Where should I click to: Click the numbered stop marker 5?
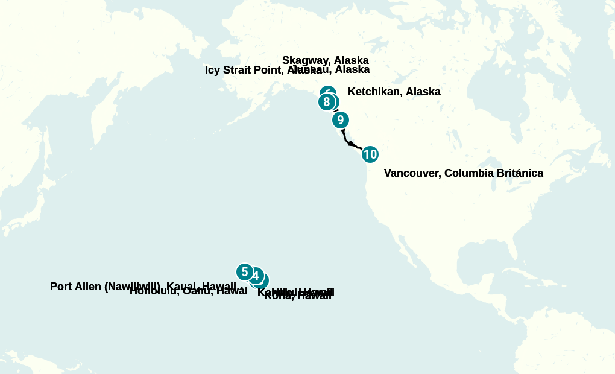tap(244, 272)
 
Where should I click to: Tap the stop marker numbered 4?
tap(256, 276)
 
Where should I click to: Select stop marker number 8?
tap(326, 102)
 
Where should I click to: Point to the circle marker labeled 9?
tap(340, 120)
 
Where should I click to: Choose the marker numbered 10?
tap(370, 154)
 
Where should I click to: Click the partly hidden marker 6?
tap(328, 91)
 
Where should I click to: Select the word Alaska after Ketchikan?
tap(423, 92)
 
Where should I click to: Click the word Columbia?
tap(468, 173)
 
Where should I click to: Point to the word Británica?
tap(520, 173)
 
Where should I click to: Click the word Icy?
tap(212, 70)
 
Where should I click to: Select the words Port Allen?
tap(76, 287)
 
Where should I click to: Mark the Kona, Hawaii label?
tap(298, 296)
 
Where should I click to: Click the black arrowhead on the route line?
tap(351, 144)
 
